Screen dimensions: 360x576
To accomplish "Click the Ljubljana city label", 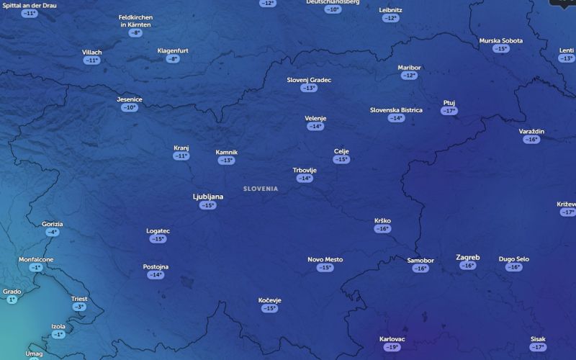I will pyautogui.click(x=208, y=197).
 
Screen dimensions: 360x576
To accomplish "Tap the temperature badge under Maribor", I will pyautogui.click(x=409, y=76).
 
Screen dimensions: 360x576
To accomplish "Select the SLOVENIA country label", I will pyautogui.click(x=261, y=189).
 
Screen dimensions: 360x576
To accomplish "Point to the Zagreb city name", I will pyautogui.click(x=468, y=257).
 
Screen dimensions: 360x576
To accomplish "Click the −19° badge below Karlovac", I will pyautogui.click(x=392, y=347).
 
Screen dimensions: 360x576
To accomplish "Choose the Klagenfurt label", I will pyautogui.click(x=173, y=51).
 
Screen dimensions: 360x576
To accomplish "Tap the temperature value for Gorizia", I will pyautogui.click(x=53, y=232).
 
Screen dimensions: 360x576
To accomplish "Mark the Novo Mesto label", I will pyautogui.click(x=325, y=259).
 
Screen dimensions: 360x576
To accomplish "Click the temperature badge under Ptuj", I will pyautogui.click(x=449, y=111).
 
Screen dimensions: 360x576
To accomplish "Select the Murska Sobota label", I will pyautogui.click(x=501, y=41).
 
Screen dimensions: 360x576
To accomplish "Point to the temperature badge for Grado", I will pyautogui.click(x=12, y=300).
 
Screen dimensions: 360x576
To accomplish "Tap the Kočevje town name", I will pyautogui.click(x=269, y=300).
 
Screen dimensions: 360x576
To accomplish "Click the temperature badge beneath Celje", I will pyautogui.click(x=341, y=159).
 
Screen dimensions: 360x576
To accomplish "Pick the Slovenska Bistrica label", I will pyautogui.click(x=396, y=110).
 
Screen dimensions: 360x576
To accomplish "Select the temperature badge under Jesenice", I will pyautogui.click(x=130, y=107).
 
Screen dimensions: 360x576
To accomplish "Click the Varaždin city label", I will pyautogui.click(x=531, y=131).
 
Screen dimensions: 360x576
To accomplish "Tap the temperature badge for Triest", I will pyautogui.click(x=79, y=307).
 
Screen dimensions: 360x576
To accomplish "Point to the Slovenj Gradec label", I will pyautogui.click(x=309, y=80).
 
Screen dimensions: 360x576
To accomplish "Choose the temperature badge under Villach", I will pyautogui.click(x=91, y=60).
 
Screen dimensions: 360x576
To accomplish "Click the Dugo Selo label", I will pyautogui.click(x=513, y=259).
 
